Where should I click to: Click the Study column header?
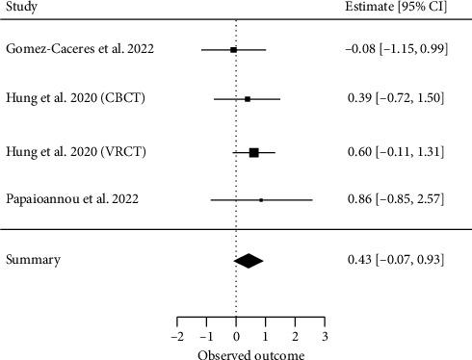21,9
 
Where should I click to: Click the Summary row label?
34,260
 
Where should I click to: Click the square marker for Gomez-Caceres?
234,49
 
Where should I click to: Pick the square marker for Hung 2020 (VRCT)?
254,151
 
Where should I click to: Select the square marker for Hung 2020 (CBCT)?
248,99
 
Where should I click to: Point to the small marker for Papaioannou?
261,200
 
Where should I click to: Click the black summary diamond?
249,260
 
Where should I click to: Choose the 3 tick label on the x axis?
325,337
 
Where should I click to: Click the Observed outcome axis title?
250,353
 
